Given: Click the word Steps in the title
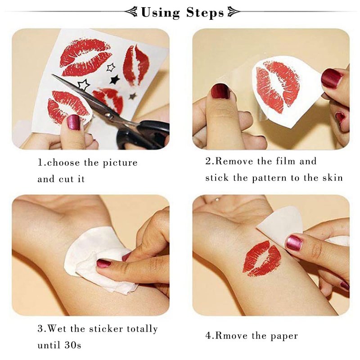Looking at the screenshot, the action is coord(205,13).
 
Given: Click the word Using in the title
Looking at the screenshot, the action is coord(161,13).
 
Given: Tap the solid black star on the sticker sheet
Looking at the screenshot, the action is coord(115,80).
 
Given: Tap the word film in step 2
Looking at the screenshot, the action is coord(286,161).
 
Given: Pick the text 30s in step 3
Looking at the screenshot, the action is coord(73,345).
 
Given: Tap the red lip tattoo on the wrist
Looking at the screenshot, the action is coord(262,258).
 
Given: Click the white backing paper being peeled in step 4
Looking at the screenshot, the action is coord(279,223).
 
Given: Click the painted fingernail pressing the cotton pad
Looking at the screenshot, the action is coord(103,263).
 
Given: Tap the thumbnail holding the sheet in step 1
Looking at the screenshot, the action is coord(74,122).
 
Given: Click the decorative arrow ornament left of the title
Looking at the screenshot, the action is coord(131,12).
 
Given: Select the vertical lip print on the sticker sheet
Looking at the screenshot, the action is coord(136,65).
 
